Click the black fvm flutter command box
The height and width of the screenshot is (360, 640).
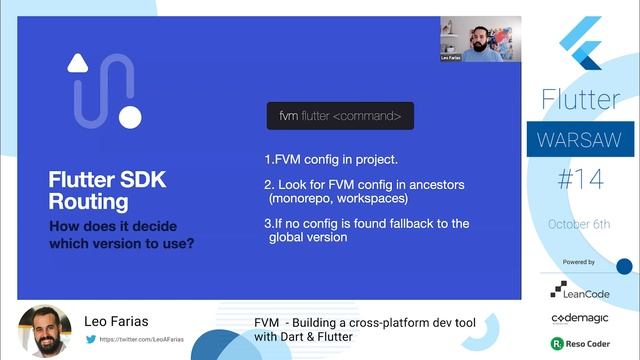(x=340, y=116)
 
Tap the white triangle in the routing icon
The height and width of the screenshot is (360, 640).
(x=79, y=62)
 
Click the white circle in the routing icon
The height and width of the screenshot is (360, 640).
(x=130, y=117)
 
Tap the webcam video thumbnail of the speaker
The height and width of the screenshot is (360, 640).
(x=480, y=39)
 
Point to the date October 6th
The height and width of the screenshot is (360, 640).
(x=579, y=224)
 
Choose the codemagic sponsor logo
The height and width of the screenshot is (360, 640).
(x=580, y=317)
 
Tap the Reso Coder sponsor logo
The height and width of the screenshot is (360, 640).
(x=580, y=343)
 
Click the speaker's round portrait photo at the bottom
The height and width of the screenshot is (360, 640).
(x=45, y=330)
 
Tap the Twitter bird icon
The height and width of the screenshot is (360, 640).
(x=91, y=339)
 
